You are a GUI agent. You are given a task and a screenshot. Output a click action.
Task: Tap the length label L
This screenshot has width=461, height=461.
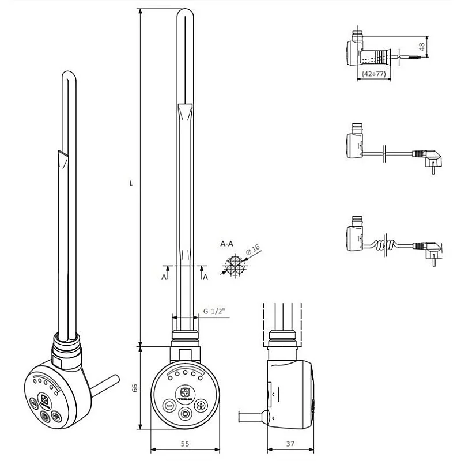click(132, 184)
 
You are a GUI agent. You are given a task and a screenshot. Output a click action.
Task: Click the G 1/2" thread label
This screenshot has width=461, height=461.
click(214, 312)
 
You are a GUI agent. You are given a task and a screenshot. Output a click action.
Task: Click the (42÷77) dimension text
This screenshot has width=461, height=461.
click(375, 74)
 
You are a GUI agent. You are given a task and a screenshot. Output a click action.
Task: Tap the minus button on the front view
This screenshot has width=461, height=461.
click(169, 405)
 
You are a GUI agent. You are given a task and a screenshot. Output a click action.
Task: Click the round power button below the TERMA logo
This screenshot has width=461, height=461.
click(184, 413)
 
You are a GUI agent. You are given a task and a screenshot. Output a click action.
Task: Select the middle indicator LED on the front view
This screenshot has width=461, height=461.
click(184, 373)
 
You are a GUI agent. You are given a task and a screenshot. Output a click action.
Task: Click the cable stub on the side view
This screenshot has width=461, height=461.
click(251, 416)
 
